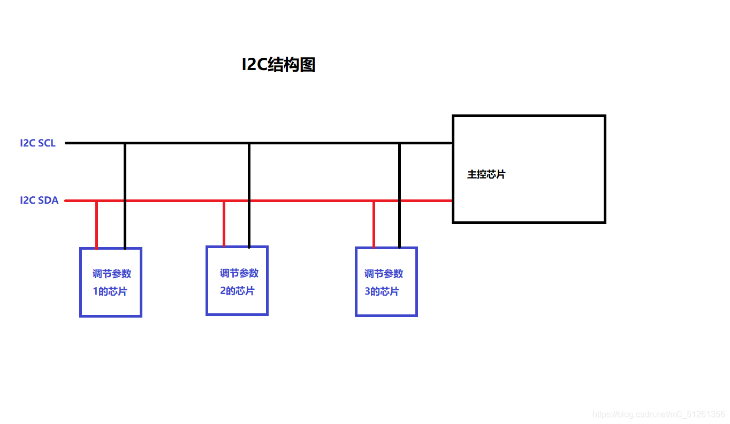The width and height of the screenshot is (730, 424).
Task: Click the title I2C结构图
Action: click(x=278, y=65)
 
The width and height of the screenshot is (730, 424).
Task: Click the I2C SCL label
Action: click(x=37, y=143)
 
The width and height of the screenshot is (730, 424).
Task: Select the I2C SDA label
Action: click(x=39, y=201)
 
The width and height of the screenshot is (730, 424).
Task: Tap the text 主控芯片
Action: click(x=486, y=174)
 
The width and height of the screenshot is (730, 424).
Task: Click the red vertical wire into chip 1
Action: click(x=96, y=225)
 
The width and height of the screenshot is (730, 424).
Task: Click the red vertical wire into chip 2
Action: click(x=224, y=223)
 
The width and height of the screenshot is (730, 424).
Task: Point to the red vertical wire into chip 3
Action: click(x=374, y=225)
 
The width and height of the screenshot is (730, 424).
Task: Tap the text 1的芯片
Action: click(x=110, y=292)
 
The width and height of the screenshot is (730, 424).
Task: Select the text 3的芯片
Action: click(x=382, y=292)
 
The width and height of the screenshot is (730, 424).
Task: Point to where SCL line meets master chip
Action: click(x=452, y=143)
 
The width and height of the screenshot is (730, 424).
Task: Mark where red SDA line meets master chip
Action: click(x=452, y=201)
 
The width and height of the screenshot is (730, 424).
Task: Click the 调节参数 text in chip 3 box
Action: click(x=384, y=274)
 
